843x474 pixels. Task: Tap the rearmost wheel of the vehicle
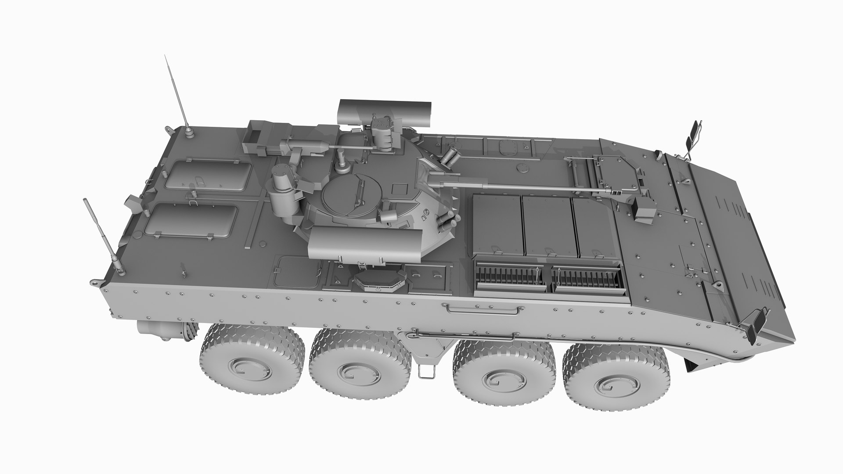click(x=252, y=363)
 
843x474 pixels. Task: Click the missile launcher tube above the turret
click(x=385, y=111)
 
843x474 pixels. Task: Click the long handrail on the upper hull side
click(x=483, y=309)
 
